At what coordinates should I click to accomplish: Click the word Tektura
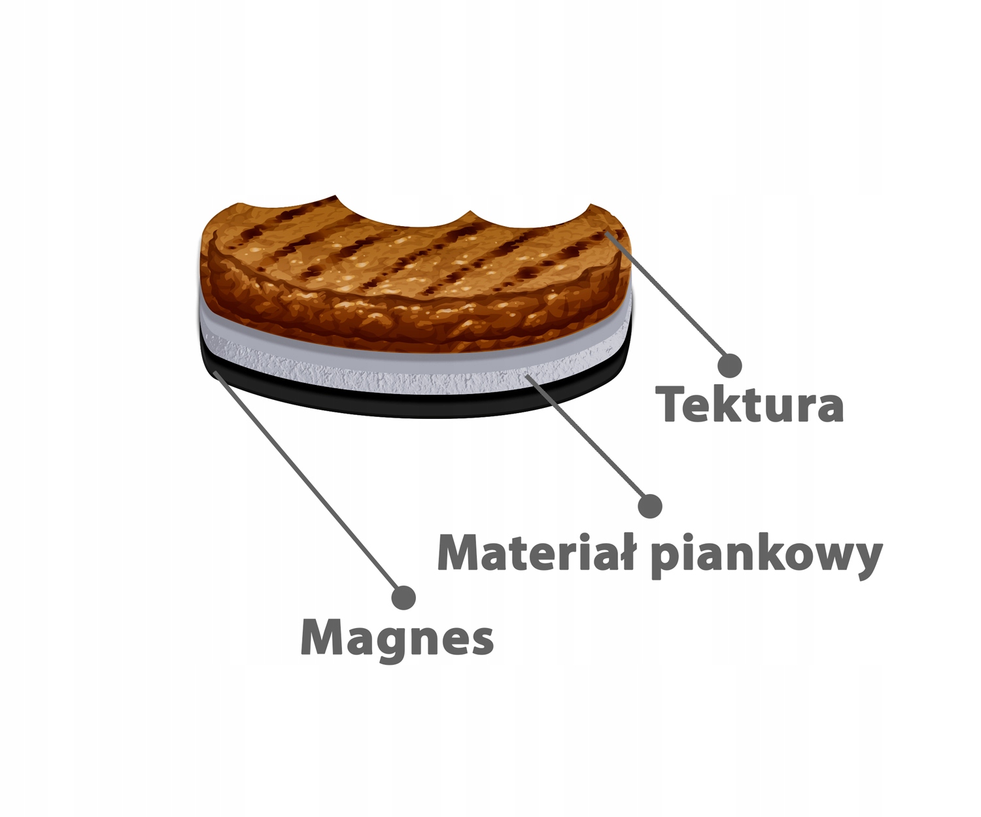752,405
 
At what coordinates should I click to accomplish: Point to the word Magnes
397,638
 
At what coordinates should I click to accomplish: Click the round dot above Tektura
729,365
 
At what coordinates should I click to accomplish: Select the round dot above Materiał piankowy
649,505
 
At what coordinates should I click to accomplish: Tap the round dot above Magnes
403,597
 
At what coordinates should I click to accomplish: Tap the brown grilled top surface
405,261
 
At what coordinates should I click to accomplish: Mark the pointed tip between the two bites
470,213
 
